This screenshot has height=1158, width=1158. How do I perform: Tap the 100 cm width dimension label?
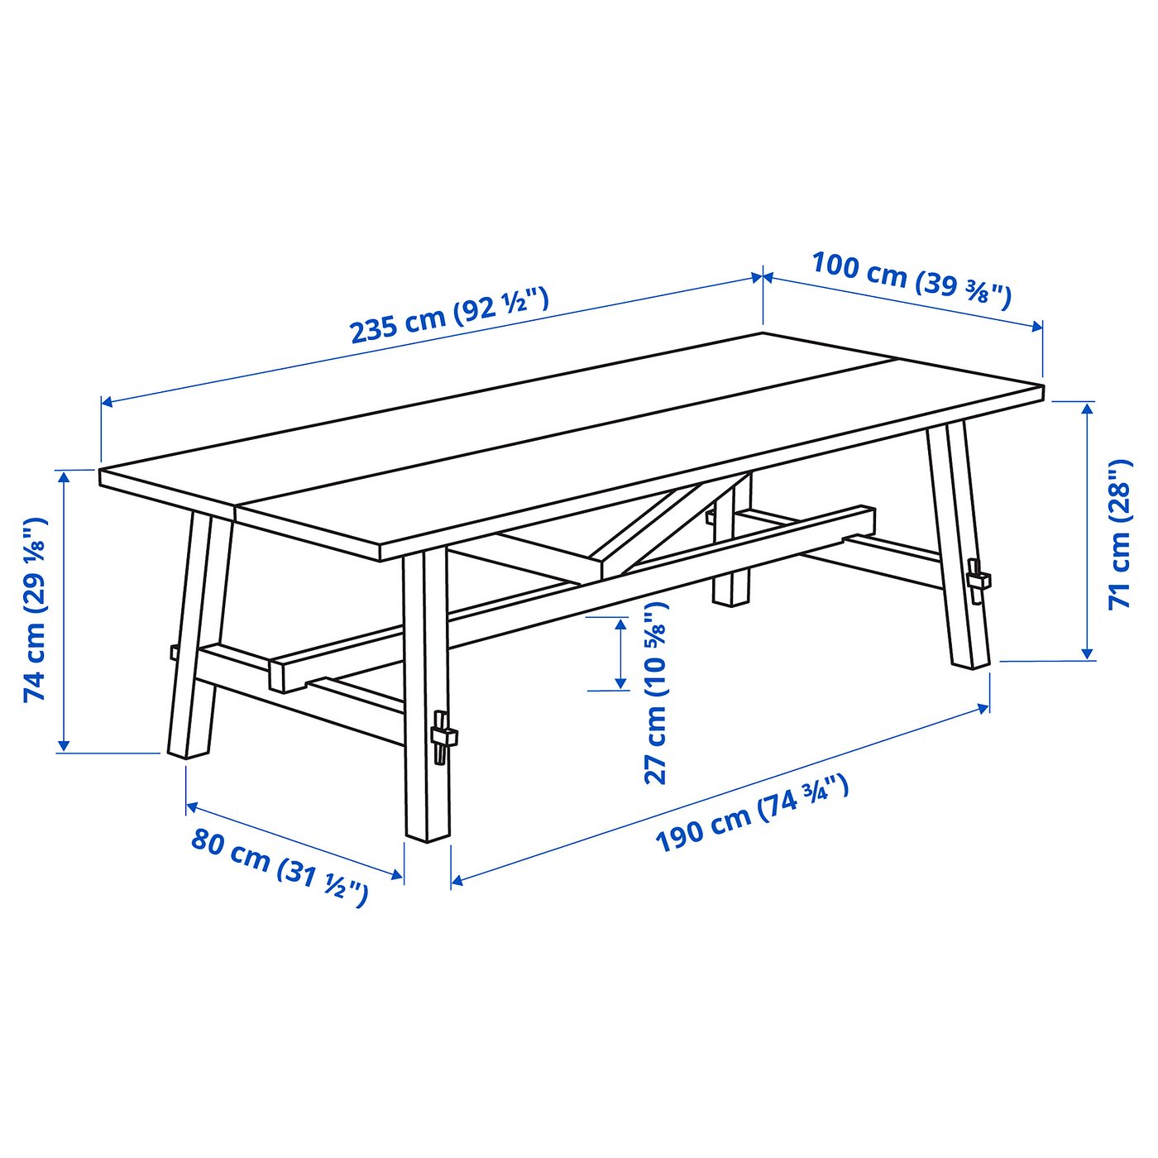(x=911, y=279)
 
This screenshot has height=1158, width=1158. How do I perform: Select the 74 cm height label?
(x=35, y=610)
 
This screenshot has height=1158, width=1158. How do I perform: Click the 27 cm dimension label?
(x=655, y=693)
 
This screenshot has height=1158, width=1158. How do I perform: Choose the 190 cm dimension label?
(x=752, y=814)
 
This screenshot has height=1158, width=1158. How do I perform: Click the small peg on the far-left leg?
(x=174, y=652)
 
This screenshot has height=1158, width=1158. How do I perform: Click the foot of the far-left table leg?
(x=189, y=748)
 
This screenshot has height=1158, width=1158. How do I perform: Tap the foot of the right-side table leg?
(x=970, y=658)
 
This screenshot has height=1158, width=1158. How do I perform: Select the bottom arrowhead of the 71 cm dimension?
(x=1089, y=654)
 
